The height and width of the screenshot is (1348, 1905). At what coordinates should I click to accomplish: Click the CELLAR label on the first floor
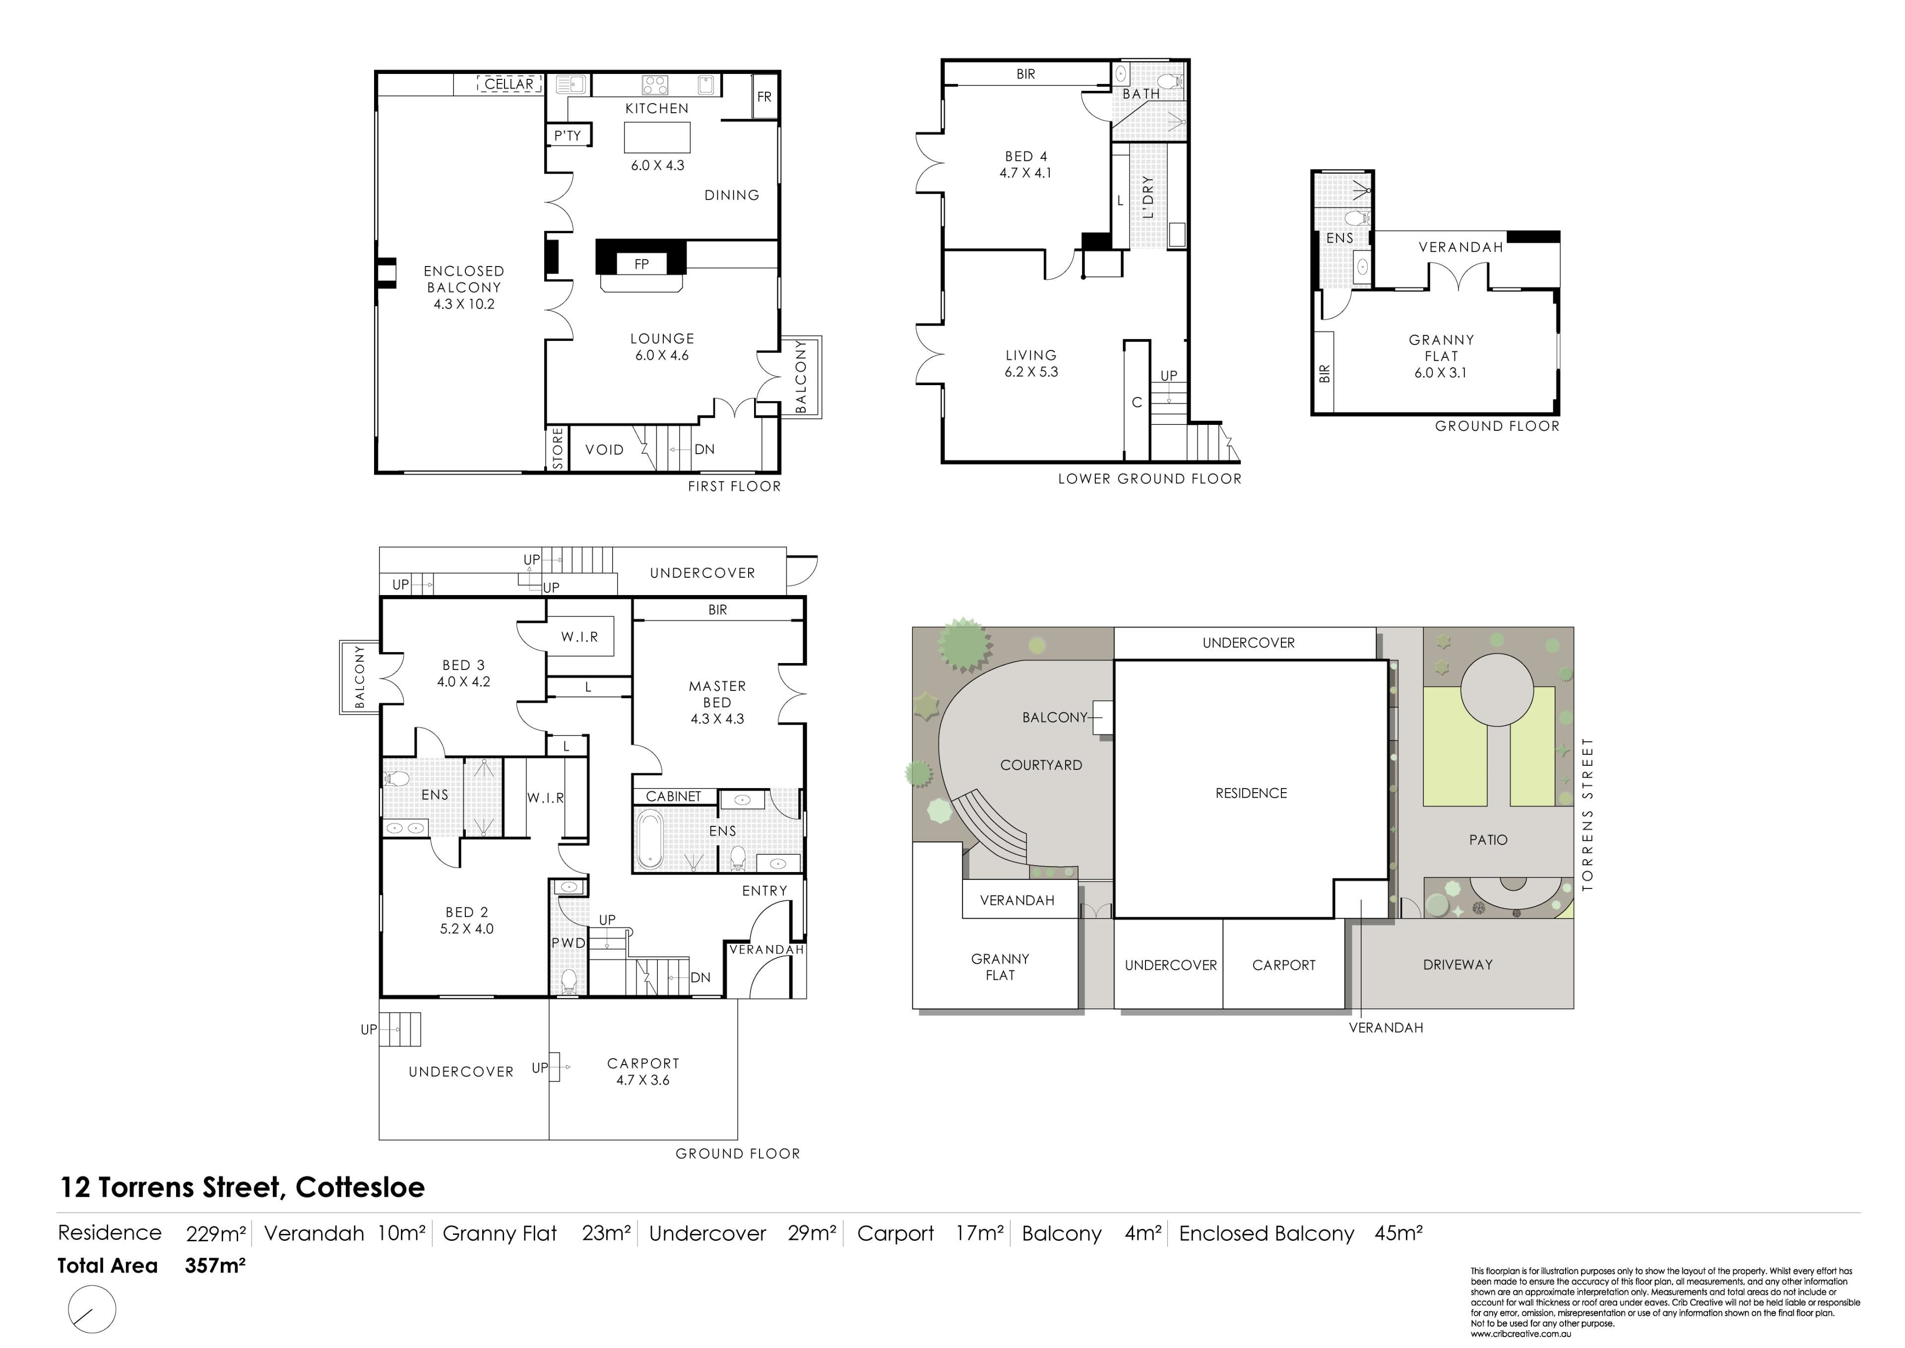click(x=508, y=84)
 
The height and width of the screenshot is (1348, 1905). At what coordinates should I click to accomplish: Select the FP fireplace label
click(x=641, y=264)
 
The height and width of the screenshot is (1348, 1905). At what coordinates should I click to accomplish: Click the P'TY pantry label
click(x=568, y=135)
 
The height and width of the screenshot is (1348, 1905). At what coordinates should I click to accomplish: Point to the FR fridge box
click(x=764, y=96)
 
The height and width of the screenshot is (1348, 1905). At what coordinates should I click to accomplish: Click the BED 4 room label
click(x=1025, y=156)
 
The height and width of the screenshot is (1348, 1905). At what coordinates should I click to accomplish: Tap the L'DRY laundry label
click(x=1148, y=197)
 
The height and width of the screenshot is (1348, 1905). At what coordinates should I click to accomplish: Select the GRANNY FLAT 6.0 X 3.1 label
click(x=1441, y=356)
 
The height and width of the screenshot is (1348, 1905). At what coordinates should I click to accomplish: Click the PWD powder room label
click(x=569, y=943)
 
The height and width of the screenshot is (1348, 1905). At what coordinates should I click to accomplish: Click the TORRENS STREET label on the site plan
click(x=1588, y=813)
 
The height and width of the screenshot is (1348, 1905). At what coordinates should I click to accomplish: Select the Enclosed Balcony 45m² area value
click(x=1399, y=1233)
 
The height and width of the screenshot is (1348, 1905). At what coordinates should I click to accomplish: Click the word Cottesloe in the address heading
click(x=360, y=1188)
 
